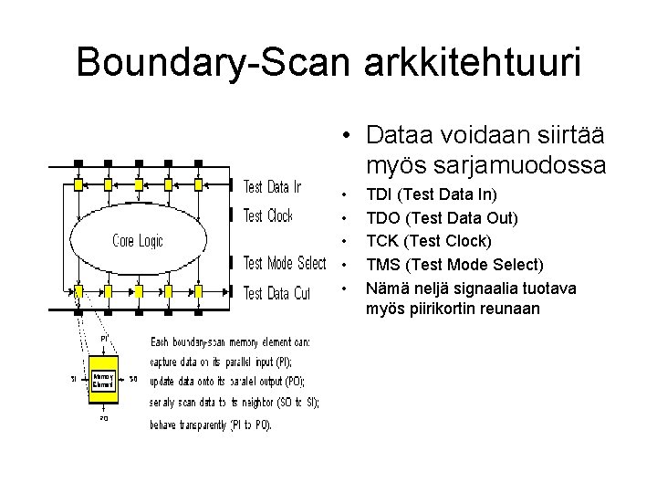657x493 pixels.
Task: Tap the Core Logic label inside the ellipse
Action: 138,241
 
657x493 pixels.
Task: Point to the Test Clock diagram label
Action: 268,216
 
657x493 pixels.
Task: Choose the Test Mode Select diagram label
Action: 285,264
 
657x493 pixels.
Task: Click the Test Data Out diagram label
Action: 276,293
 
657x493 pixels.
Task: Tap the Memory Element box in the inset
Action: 103,381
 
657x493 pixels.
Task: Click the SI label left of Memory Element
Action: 73,378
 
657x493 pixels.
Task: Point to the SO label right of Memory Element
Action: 132,378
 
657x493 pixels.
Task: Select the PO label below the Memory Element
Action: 103,419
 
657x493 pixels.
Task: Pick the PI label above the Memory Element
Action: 105,338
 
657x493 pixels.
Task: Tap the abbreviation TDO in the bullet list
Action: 381,217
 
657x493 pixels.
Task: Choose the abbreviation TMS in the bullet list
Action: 381,265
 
